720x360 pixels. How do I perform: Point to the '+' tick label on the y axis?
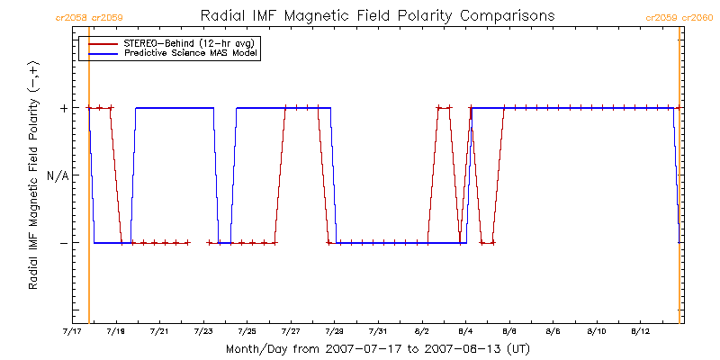(64, 108)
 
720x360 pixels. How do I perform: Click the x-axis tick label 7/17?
(72, 332)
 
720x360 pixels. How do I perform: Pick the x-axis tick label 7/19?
(116, 332)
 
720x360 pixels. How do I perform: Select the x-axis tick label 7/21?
(159, 332)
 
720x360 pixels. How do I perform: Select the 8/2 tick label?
(422, 332)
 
